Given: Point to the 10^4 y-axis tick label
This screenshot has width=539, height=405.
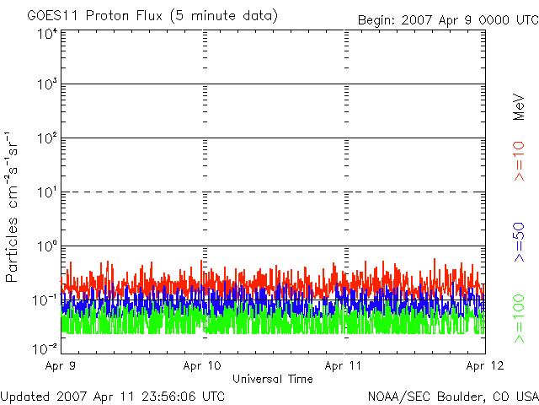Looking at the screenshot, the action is point(47,34).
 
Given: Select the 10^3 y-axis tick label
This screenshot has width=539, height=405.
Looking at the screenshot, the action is point(47,84).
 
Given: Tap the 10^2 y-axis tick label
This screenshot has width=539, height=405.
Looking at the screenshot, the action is point(47,138).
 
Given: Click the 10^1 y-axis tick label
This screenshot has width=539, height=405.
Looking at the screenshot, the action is point(47,192).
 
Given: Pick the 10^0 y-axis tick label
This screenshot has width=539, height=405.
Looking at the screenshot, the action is point(47,246).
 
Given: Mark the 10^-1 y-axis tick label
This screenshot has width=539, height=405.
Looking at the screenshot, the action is point(45,300).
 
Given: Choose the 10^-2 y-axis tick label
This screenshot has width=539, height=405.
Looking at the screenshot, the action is point(45,349).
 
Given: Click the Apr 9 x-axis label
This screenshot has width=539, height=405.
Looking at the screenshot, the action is point(60,365).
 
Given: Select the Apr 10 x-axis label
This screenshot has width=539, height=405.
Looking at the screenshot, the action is point(202,365).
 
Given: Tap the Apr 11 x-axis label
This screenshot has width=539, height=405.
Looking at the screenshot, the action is point(343,365).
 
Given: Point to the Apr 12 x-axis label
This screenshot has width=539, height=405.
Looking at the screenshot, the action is point(485,365).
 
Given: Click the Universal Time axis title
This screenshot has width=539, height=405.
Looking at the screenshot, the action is point(273,379).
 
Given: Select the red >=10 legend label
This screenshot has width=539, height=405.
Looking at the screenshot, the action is point(519,161).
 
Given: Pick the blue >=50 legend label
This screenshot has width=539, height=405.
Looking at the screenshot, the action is point(519,242).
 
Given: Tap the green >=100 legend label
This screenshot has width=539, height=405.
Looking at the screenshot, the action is point(519,319).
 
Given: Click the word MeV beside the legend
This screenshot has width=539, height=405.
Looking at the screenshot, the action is point(519,107).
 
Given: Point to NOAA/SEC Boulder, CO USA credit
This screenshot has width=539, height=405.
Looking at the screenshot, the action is point(453,397).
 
